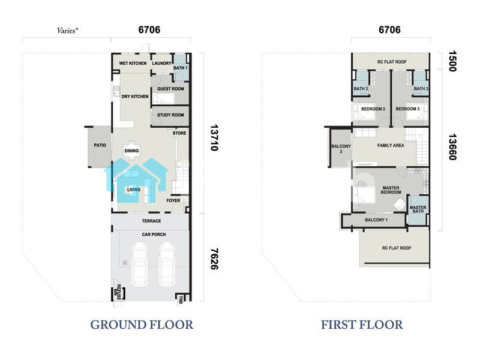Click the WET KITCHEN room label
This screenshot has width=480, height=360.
[133, 64]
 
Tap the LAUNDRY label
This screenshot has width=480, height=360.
[161, 64]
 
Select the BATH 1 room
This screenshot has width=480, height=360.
[181, 68]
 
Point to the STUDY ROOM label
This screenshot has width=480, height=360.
[170, 115]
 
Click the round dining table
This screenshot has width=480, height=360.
[131, 151]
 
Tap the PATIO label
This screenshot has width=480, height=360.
[100, 145]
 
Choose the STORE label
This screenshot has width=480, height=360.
[179, 133]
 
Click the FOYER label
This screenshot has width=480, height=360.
[173, 200]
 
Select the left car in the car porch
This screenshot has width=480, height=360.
[139, 264]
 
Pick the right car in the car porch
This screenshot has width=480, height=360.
[167, 264]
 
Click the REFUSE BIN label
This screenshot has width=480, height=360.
[118, 292]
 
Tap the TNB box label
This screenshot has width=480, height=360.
[181, 299]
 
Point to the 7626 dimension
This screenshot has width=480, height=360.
[214, 259]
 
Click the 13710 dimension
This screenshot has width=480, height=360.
[214, 137]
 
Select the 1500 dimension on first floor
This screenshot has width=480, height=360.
[452, 61]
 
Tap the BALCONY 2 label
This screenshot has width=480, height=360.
[341, 149]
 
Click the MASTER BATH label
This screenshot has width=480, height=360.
[418, 209]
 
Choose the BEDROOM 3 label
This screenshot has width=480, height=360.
[407, 109]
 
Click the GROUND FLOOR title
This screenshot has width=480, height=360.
[142, 325]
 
